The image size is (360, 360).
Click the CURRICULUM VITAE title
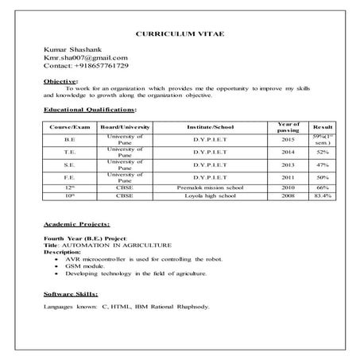pos(180,37)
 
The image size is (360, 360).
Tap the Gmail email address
pos(86,57)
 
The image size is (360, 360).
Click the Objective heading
pos(60,81)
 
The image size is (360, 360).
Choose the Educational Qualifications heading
pos(90,108)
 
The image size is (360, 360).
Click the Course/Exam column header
pos(69,127)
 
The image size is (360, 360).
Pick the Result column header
pos(323,127)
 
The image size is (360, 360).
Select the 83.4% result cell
pos(323,194)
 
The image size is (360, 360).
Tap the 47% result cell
pos(323,165)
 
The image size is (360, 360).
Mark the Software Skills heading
pos(72,294)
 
